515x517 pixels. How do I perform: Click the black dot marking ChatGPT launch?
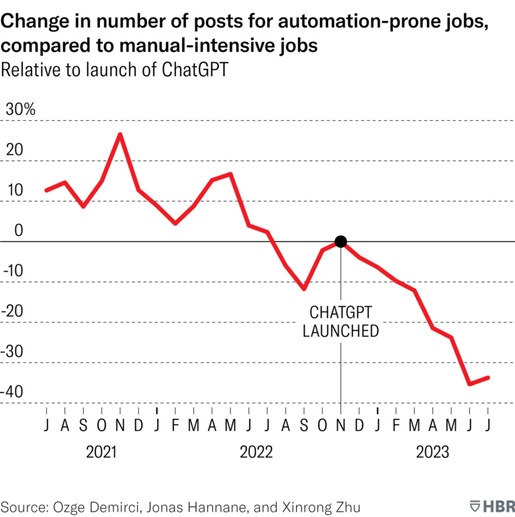[x=340, y=242]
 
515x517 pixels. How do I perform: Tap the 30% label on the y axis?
[x=20, y=109]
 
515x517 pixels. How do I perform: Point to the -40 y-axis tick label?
[x=17, y=391]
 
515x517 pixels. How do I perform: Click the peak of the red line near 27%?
[x=120, y=134]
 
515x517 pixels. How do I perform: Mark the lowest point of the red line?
[x=469, y=384]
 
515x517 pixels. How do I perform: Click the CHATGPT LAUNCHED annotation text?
[x=340, y=322]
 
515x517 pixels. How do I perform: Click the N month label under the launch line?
[x=340, y=425]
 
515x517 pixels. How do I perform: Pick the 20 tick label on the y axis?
[x=14, y=150]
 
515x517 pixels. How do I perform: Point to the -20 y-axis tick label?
[x=17, y=311]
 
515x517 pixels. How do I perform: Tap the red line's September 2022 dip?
[x=304, y=289]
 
